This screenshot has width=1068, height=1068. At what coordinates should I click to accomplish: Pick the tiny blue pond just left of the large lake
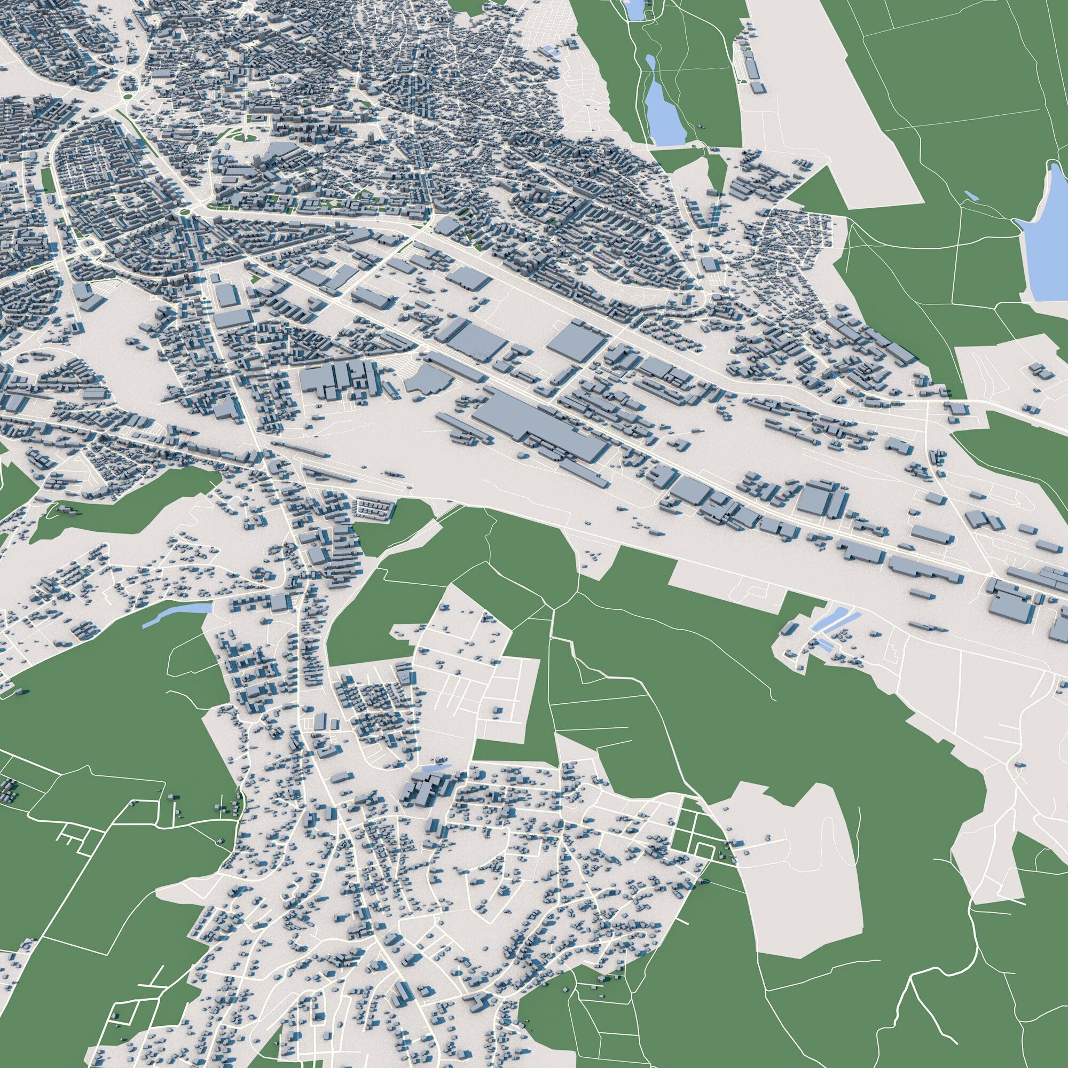click(x=970, y=194)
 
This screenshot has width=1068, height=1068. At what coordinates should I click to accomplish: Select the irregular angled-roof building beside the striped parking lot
click(x=428, y=379)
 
